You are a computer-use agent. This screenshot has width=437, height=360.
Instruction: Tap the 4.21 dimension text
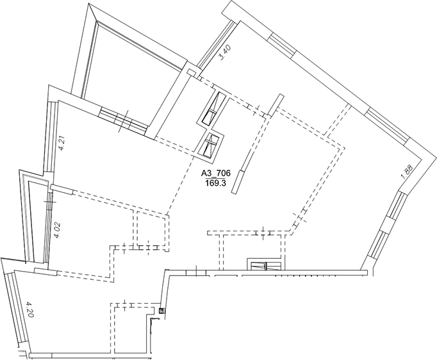[x=62, y=142]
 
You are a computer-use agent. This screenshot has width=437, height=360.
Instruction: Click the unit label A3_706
[x=216, y=173]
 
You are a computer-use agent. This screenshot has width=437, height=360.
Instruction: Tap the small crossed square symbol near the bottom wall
[x=161, y=311]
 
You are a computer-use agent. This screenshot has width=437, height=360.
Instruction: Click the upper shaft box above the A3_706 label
[x=213, y=109]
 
